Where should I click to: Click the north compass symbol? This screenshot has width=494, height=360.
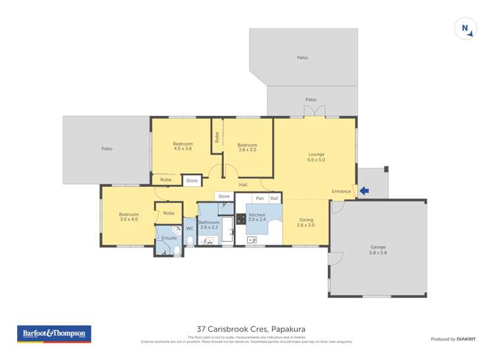coord(465,28)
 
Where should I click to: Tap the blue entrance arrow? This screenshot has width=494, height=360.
coord(364,192)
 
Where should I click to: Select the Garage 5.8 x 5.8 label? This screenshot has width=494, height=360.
coord(378,249)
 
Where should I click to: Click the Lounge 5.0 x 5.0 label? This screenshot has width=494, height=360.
coord(316,157)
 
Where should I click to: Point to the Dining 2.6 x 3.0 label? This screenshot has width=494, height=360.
coord(306,222)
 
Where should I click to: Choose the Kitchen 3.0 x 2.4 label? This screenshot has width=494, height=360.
coord(257,218)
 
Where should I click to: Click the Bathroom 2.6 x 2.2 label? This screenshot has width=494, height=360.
coord(208,225)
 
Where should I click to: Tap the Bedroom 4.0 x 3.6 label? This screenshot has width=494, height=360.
coord(182,146)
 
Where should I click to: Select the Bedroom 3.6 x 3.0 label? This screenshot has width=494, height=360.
coord(247,147)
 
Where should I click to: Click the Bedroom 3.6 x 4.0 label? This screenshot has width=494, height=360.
coord(128,217)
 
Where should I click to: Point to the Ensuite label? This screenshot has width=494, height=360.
coord(169,238)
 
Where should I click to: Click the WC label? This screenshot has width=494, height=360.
coord(189,228)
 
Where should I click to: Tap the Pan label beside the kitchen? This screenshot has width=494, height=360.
coord(260,198)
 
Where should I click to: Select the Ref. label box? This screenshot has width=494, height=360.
coord(275,198)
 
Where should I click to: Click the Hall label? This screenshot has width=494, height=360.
coord(243,185)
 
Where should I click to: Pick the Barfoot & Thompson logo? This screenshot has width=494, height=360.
coord(54,334)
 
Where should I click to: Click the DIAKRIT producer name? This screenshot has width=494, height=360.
coord(466,339)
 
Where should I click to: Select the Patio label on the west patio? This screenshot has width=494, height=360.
coord(107,149)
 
